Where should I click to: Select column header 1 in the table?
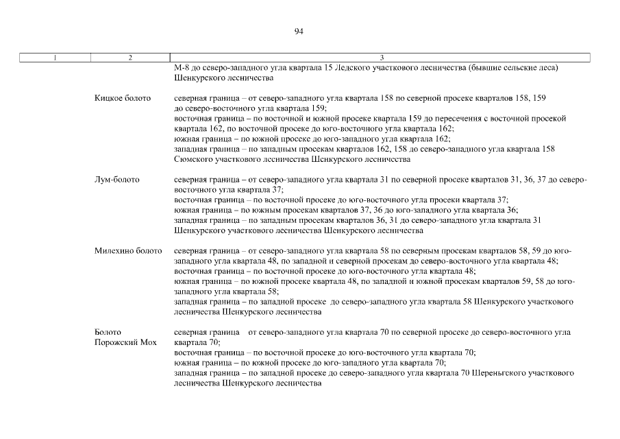54,58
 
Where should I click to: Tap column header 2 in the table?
129,58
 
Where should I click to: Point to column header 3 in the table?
381,58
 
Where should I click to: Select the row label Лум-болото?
117,180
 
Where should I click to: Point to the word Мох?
149,342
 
